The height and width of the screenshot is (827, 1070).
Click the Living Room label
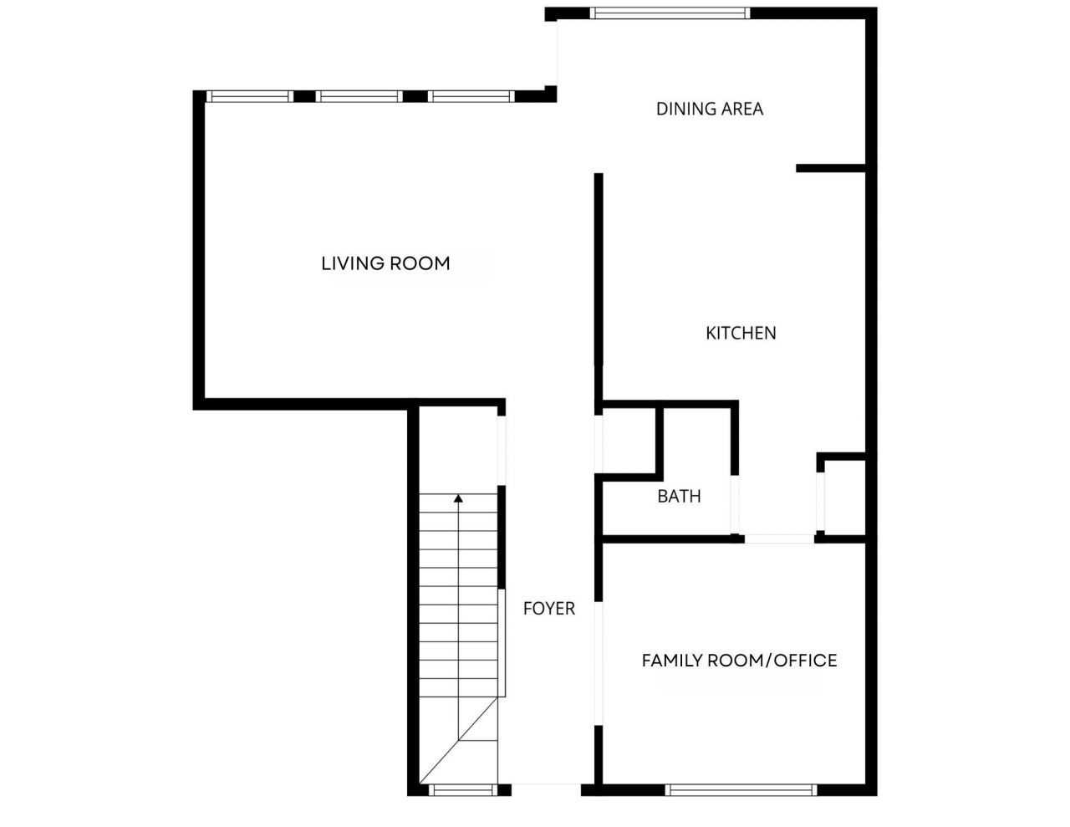click(x=385, y=263)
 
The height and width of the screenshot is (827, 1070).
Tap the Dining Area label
click(x=709, y=109)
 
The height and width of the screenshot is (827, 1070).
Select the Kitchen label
click(x=741, y=333)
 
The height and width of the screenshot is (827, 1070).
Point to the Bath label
click(x=679, y=496)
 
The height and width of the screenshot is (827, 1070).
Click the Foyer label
click(x=549, y=608)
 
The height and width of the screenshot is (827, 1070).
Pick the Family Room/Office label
click(x=739, y=661)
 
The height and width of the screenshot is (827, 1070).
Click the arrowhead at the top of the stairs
click(x=458, y=498)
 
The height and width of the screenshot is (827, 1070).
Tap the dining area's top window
click(x=669, y=13)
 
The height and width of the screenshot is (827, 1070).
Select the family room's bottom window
click(x=741, y=789)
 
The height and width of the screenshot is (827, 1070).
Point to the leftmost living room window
click(x=249, y=96)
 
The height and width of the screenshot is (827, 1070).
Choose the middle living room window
click(x=360, y=96)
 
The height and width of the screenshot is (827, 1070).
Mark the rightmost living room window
click(x=470, y=96)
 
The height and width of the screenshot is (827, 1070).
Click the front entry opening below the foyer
click(x=546, y=786)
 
